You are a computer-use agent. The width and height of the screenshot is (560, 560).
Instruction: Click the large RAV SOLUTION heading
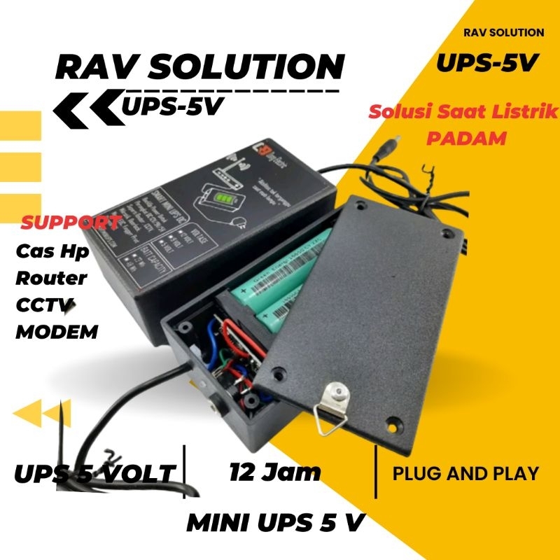[199, 69]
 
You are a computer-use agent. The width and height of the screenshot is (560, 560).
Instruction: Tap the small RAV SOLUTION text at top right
[503, 32]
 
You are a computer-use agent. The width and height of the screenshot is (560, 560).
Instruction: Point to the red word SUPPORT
[70, 223]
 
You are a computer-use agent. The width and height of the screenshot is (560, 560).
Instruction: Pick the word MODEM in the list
[57, 331]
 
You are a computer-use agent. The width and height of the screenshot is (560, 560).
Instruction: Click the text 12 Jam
[274, 472]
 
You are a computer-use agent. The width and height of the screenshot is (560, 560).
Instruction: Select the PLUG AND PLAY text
[465, 473]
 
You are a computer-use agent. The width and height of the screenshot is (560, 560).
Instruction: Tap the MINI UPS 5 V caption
[276, 522]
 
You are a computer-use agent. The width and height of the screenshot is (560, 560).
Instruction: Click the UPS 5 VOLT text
[94, 474]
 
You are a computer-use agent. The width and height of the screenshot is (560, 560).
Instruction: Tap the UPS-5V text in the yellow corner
[487, 62]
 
